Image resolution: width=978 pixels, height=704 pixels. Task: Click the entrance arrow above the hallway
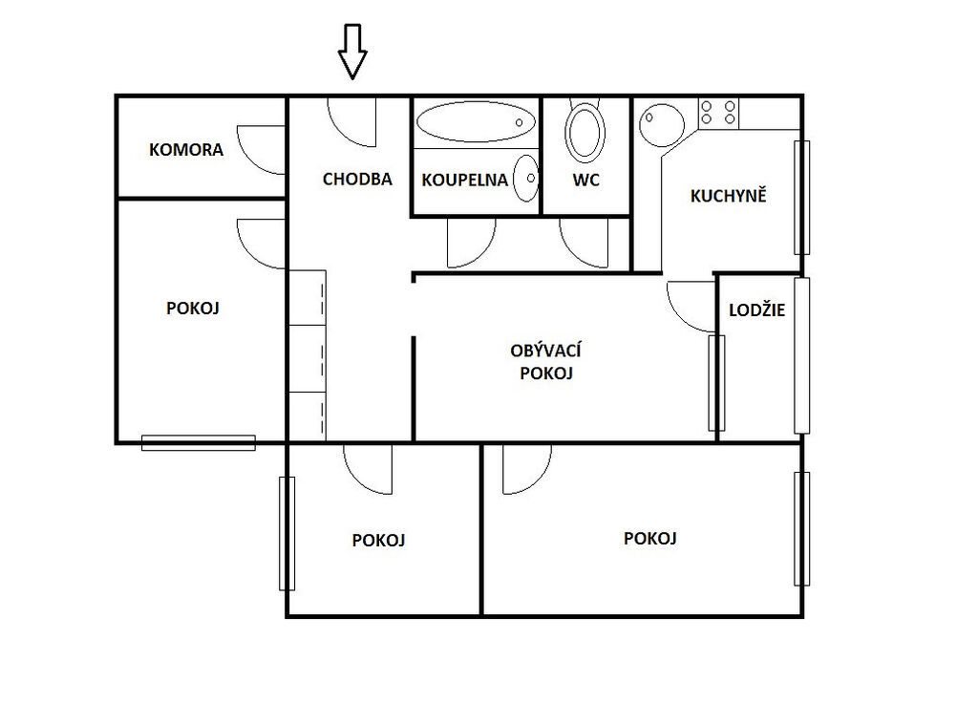pyautogui.click(x=352, y=52)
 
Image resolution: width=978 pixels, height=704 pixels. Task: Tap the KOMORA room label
pyautogui.click(x=186, y=150)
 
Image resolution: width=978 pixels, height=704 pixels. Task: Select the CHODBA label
pyautogui.click(x=357, y=180)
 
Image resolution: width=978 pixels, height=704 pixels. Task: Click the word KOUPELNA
pyautogui.click(x=465, y=181)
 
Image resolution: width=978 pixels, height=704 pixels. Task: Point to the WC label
pyautogui.click(x=585, y=181)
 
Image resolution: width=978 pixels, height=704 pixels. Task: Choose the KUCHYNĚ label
pyautogui.click(x=728, y=195)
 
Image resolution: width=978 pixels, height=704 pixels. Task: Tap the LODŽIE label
pyautogui.click(x=756, y=309)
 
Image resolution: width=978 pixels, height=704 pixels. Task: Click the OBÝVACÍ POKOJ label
pyautogui.click(x=545, y=362)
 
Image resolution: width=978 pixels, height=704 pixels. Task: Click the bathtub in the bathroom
pyautogui.click(x=476, y=122)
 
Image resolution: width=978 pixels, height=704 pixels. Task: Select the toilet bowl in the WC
pyautogui.click(x=585, y=131)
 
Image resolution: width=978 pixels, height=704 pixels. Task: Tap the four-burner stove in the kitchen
pyautogui.click(x=718, y=113)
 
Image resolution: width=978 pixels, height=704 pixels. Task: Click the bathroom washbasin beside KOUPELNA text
pyautogui.click(x=525, y=178)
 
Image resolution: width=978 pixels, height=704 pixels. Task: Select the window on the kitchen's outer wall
pyautogui.click(x=801, y=198)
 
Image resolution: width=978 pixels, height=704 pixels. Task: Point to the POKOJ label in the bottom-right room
pyautogui.click(x=649, y=539)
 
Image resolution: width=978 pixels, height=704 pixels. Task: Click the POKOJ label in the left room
pyautogui.click(x=193, y=308)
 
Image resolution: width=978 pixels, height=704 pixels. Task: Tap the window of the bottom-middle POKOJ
pyautogui.click(x=287, y=534)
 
